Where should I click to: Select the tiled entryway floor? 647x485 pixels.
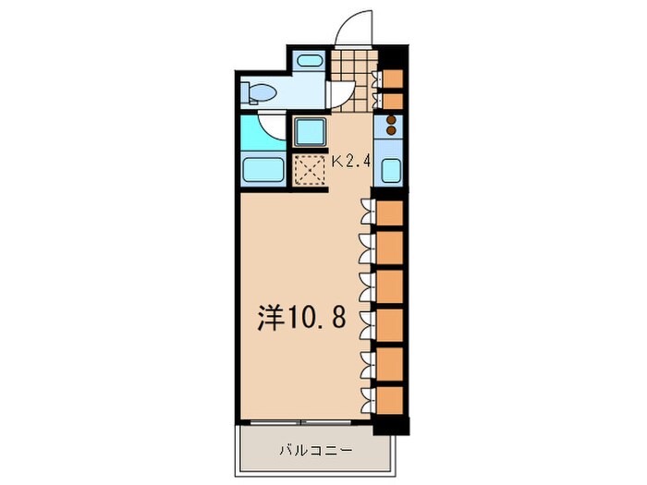[x=355, y=66]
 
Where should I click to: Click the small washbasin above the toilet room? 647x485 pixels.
[x=309, y=63]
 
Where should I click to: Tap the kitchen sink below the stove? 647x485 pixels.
[x=390, y=172]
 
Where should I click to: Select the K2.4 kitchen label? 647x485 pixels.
[x=351, y=161]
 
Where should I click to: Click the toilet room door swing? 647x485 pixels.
[x=343, y=93]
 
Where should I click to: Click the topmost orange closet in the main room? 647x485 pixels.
[x=390, y=213]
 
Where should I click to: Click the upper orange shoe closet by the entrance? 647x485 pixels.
[x=392, y=78]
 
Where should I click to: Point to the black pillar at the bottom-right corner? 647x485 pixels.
[x=390, y=426]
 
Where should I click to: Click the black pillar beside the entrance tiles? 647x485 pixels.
[x=392, y=55]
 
